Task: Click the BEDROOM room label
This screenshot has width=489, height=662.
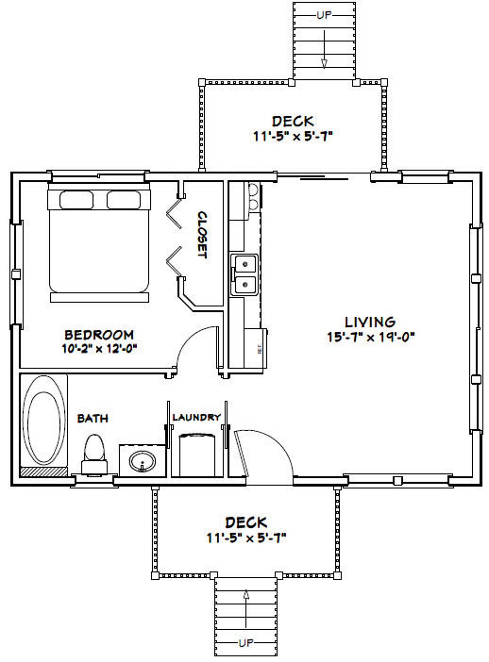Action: coord(99,335)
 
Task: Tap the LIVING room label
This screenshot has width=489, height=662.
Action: coord(370,322)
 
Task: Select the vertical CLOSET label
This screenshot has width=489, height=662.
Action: coord(202,234)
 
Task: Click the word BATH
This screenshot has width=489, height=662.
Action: coord(92,418)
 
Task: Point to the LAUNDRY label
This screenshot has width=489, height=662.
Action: coord(196,417)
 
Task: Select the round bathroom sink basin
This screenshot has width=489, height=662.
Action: coord(142,462)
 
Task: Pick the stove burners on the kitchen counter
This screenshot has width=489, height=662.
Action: coord(253,196)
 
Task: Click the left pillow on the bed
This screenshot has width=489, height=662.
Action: coord(76,200)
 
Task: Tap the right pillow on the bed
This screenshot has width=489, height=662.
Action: coord(123,200)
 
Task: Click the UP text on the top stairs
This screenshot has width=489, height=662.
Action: coord(324,15)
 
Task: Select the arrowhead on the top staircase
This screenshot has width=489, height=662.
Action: coord(324,63)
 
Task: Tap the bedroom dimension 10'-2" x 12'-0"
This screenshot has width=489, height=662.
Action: coord(99,349)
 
